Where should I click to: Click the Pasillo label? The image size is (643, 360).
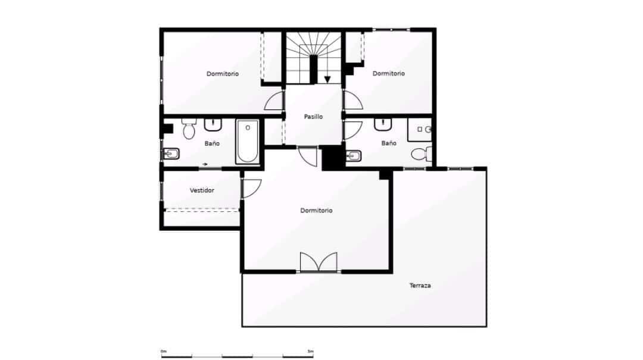point(313,117)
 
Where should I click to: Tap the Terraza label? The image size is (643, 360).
point(420,286)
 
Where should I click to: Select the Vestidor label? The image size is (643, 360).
point(202,190)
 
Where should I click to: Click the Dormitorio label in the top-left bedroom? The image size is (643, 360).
point(223,74)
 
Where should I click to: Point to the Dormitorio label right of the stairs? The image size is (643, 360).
point(389,73)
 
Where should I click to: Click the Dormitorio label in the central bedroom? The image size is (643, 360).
point(316,211)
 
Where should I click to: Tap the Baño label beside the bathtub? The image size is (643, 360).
point(212,143)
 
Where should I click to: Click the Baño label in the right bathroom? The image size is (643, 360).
point(389,143)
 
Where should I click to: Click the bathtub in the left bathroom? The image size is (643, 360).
point(247,142)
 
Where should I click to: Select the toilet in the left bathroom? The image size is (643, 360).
point(189,129)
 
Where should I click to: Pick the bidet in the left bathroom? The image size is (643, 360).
point(171,155)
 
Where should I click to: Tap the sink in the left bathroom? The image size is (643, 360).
point(213,124)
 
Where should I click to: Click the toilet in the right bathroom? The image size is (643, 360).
point(422,154)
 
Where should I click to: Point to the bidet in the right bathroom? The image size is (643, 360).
point(354,156)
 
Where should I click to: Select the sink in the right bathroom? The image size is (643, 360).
point(383,124)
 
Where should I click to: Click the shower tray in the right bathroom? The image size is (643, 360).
point(420,129)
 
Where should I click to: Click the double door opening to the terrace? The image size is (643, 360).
point(319,262)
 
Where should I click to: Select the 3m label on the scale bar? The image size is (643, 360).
point(310,352)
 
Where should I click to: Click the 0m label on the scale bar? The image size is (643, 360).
point(164,352)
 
